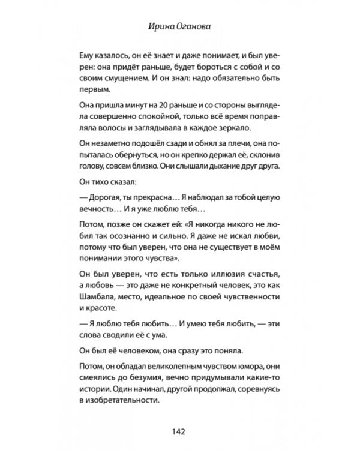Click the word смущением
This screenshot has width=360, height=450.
click(123, 77)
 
